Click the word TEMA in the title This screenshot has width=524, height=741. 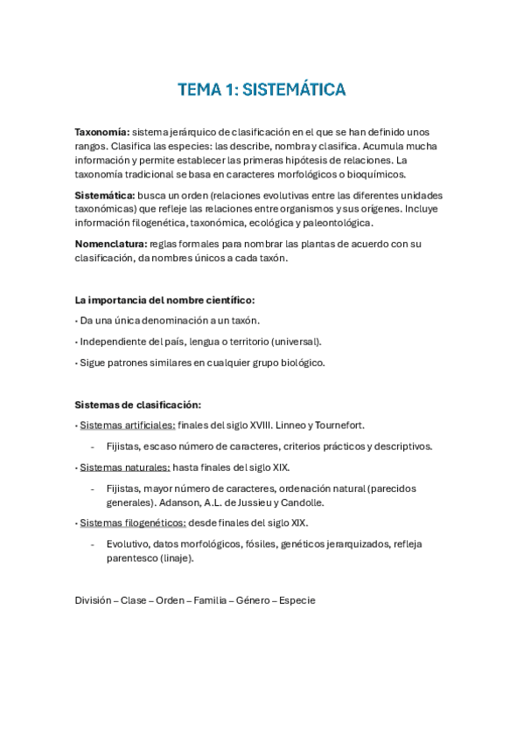click(x=199, y=89)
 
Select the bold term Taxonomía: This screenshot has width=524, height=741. click(x=101, y=131)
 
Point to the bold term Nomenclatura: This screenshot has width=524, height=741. click(x=110, y=243)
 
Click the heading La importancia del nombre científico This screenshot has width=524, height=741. click(x=164, y=300)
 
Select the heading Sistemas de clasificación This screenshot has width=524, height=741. click(x=138, y=405)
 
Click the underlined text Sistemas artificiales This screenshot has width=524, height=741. click(x=126, y=426)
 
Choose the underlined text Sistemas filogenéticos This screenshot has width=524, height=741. click(x=132, y=523)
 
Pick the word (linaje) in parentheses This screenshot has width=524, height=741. click(x=176, y=557)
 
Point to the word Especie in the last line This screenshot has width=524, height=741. click(x=297, y=600)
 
